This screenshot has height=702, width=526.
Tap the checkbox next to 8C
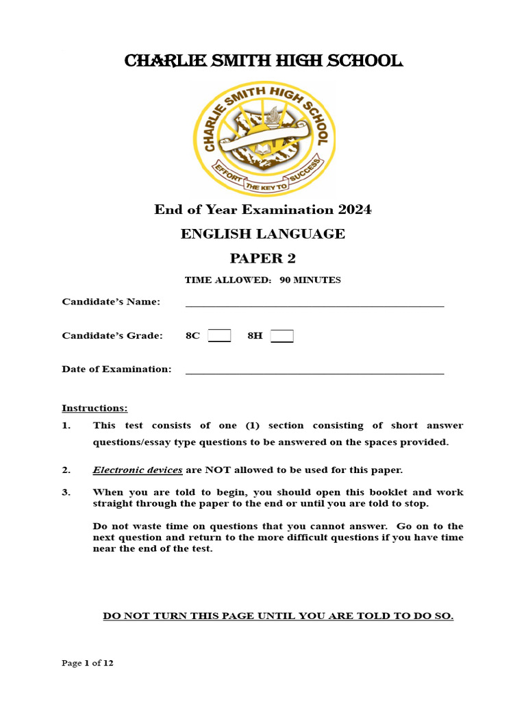pyautogui.click(x=219, y=336)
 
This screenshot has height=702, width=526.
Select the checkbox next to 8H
pyautogui.click(x=281, y=336)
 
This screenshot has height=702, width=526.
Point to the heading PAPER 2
pyautogui.click(x=263, y=258)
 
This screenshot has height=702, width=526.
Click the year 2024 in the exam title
pyautogui.click(x=353, y=210)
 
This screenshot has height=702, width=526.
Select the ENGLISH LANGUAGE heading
pyautogui.click(x=263, y=234)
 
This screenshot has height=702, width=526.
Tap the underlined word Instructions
pyautogui.click(x=95, y=409)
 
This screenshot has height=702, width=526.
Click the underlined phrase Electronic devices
pyautogui.click(x=138, y=470)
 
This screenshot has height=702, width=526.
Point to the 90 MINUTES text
pyautogui.click(x=310, y=280)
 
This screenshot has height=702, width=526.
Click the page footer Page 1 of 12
pyautogui.click(x=88, y=663)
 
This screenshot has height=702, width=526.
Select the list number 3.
pyautogui.click(x=66, y=492)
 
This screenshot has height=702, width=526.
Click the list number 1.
pyautogui.click(x=66, y=426)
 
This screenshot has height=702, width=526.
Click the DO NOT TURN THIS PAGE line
pyautogui.click(x=278, y=616)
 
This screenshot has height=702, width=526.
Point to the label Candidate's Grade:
pyautogui.click(x=112, y=336)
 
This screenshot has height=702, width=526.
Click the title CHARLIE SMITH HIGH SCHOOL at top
pyautogui.click(x=263, y=62)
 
